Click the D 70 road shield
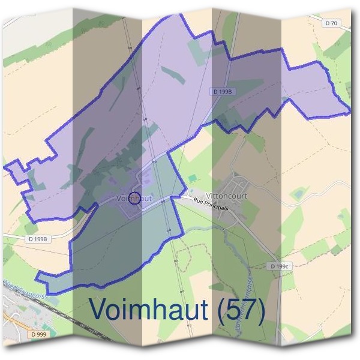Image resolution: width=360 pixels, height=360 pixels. (330, 23)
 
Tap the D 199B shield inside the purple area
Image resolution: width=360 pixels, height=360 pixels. (223, 91)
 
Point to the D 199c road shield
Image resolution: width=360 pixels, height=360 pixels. (280, 266)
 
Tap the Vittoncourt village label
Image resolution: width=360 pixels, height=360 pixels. (226, 196)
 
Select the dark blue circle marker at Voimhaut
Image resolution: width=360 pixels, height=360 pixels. (135, 198)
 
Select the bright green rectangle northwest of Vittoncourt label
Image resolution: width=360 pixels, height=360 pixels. (191, 179)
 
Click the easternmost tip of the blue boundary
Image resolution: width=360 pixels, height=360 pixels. (350, 112)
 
